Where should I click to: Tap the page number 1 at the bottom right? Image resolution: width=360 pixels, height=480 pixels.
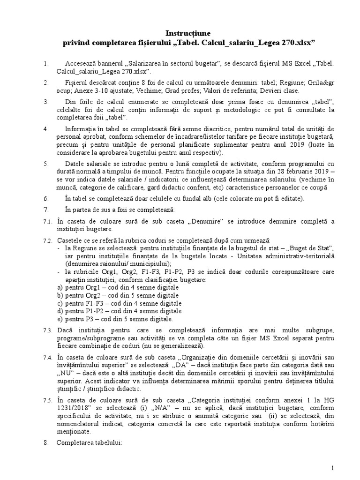(332, 468)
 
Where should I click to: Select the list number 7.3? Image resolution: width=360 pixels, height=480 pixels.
(47, 330)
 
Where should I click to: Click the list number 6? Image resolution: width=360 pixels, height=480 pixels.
(45, 198)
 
